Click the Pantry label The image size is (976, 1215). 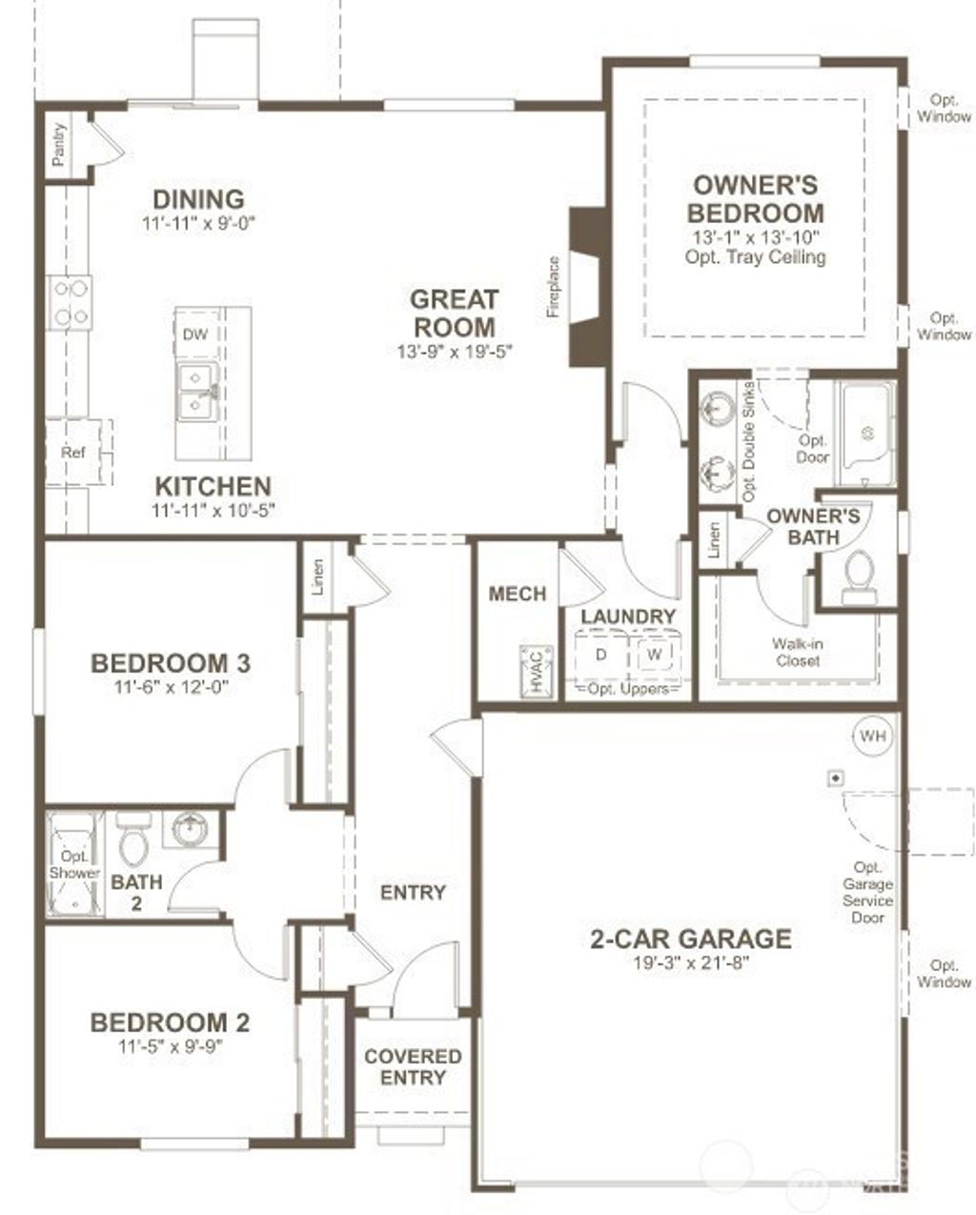tap(60, 145)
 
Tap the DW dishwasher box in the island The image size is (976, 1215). tap(194, 334)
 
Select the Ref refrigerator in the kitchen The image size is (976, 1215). tap(73, 452)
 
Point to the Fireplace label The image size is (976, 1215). tap(553, 287)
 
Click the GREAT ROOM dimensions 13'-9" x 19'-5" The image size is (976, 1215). tap(455, 351)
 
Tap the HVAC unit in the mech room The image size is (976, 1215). tap(537, 670)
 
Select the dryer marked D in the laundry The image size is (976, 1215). tap(601, 656)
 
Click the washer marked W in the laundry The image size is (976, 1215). tap(654, 656)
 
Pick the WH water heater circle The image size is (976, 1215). tap(872, 736)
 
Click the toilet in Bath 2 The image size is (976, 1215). tap(131, 841)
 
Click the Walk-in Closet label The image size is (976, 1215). tap(797, 653)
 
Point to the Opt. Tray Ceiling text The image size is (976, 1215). tap(755, 257)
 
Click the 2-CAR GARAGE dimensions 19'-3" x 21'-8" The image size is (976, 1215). tap(691, 962)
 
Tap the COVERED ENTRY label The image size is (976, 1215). tap(413, 1067)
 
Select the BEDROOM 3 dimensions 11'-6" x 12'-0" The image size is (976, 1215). tap(172, 687)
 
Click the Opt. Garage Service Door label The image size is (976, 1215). tap(867, 893)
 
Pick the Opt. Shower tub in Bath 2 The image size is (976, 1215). tap(73, 864)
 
